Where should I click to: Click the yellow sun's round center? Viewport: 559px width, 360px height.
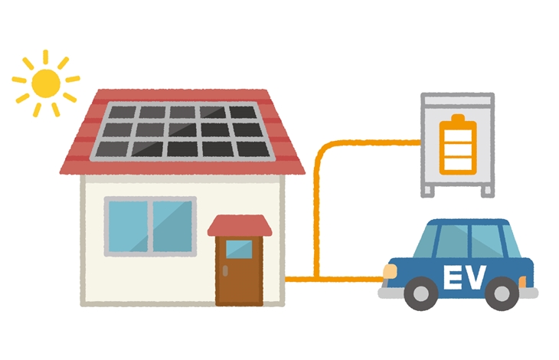(46, 83)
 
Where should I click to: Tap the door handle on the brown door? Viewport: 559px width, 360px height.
(225, 270)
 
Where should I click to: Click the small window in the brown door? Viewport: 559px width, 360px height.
(239, 249)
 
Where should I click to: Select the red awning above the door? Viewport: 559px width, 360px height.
(240, 225)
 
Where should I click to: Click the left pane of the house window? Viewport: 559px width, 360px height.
(128, 226)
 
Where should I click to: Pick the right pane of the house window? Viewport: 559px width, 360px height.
(172, 226)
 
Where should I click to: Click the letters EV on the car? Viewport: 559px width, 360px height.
(465, 277)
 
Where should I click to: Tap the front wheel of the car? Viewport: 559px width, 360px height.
(421, 293)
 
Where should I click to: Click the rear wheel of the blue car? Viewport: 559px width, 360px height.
(502, 293)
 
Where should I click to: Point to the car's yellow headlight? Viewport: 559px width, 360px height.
(390, 271)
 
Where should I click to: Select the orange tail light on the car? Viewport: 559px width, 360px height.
(522, 282)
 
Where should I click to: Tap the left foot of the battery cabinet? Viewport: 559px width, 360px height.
(428, 191)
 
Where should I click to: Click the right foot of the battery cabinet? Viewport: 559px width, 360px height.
(488, 191)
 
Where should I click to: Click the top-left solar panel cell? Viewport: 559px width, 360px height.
(122, 112)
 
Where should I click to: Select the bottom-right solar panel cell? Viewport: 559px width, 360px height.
(253, 149)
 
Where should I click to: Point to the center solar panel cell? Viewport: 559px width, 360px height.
(182, 129)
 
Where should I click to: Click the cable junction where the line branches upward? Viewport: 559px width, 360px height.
(316, 278)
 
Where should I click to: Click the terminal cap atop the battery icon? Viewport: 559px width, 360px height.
(458, 118)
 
